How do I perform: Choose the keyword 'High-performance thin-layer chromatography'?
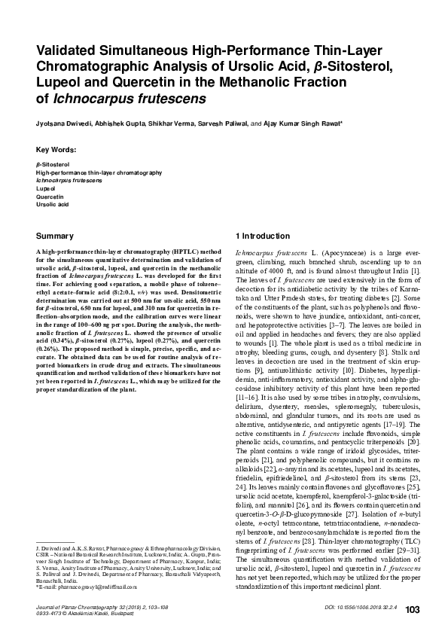point(99,172)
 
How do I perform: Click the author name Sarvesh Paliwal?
point(224,123)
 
